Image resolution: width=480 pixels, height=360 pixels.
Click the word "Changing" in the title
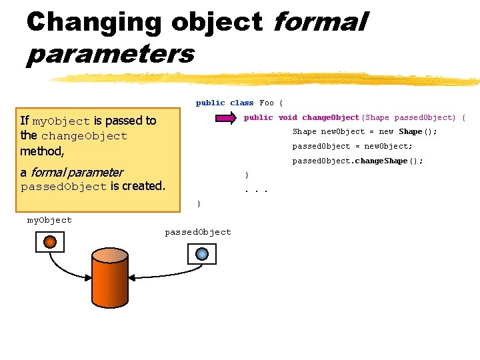[x=93, y=22]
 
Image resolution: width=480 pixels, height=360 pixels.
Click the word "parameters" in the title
[x=110, y=53]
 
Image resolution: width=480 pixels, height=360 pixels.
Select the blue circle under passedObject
[x=202, y=253]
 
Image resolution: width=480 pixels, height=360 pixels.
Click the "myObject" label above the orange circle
[x=49, y=220]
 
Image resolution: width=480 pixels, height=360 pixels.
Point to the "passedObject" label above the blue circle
[x=198, y=232]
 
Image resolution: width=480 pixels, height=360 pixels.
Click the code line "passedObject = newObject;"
[x=353, y=146]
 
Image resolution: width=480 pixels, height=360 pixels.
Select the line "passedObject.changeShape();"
[x=358, y=161]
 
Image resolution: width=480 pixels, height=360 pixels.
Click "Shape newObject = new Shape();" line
[x=365, y=131]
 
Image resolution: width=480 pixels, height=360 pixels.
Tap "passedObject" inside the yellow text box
[x=63, y=187]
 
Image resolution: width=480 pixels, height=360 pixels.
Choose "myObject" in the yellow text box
[x=61, y=121]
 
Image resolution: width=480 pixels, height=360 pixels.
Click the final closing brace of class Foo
[x=198, y=203]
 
